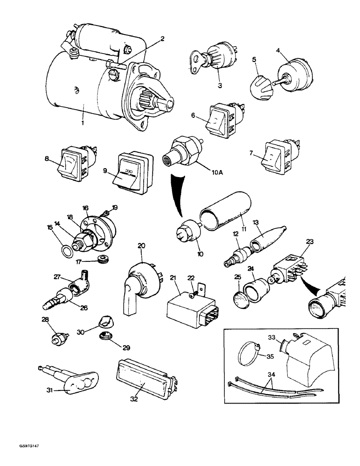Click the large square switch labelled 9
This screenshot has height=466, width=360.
pyautogui.click(x=132, y=171)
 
